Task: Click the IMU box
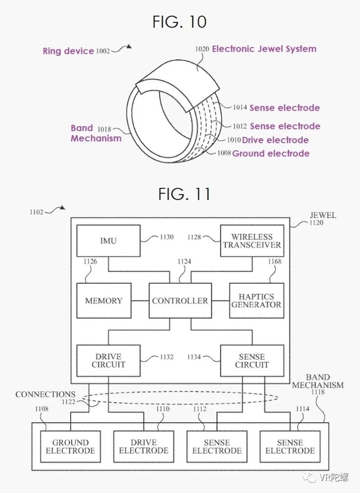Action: (x=108, y=240)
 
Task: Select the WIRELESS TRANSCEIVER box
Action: (x=252, y=240)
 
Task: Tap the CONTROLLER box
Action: (x=180, y=301)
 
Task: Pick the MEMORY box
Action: (x=104, y=301)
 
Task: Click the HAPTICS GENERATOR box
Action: (x=256, y=301)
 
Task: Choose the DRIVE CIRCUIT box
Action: (x=108, y=360)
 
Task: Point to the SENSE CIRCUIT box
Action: (x=252, y=360)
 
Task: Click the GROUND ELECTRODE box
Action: (x=70, y=447)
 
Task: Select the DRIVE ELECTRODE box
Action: (x=144, y=447)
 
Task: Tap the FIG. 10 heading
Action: (x=180, y=22)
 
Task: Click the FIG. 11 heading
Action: (x=184, y=194)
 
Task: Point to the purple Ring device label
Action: (x=68, y=51)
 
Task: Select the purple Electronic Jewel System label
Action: (x=264, y=49)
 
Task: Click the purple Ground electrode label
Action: (x=271, y=154)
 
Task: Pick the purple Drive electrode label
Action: (x=275, y=140)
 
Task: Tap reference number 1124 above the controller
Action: (x=184, y=261)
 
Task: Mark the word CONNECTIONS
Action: (x=45, y=394)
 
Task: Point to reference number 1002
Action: (x=103, y=51)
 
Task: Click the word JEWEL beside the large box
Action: (x=323, y=215)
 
